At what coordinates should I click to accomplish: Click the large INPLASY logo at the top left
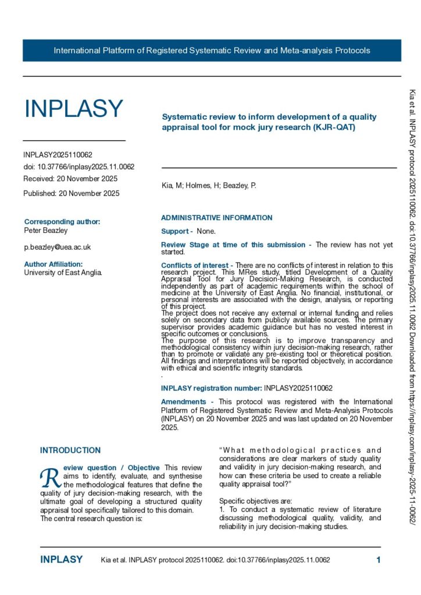pyautogui.click(x=73, y=109)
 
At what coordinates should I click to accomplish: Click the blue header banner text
pyautogui.click(x=212, y=51)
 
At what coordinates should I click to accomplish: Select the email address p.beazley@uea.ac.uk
pyautogui.click(x=57, y=247)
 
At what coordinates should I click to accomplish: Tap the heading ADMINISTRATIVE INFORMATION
pyautogui.click(x=216, y=218)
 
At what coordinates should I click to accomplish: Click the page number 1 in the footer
pyautogui.click(x=378, y=560)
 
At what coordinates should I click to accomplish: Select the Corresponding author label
pyautogui.click(x=62, y=221)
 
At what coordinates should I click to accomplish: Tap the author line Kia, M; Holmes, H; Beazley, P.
pyautogui.click(x=208, y=186)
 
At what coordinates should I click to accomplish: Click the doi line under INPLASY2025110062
pyautogui.click(x=79, y=167)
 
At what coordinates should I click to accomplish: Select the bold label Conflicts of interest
pyautogui.click(x=195, y=266)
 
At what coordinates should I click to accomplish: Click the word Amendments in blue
pyautogui.click(x=183, y=385)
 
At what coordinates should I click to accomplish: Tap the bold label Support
pyautogui.click(x=175, y=231)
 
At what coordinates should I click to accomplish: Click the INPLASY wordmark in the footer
pyautogui.click(x=61, y=560)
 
